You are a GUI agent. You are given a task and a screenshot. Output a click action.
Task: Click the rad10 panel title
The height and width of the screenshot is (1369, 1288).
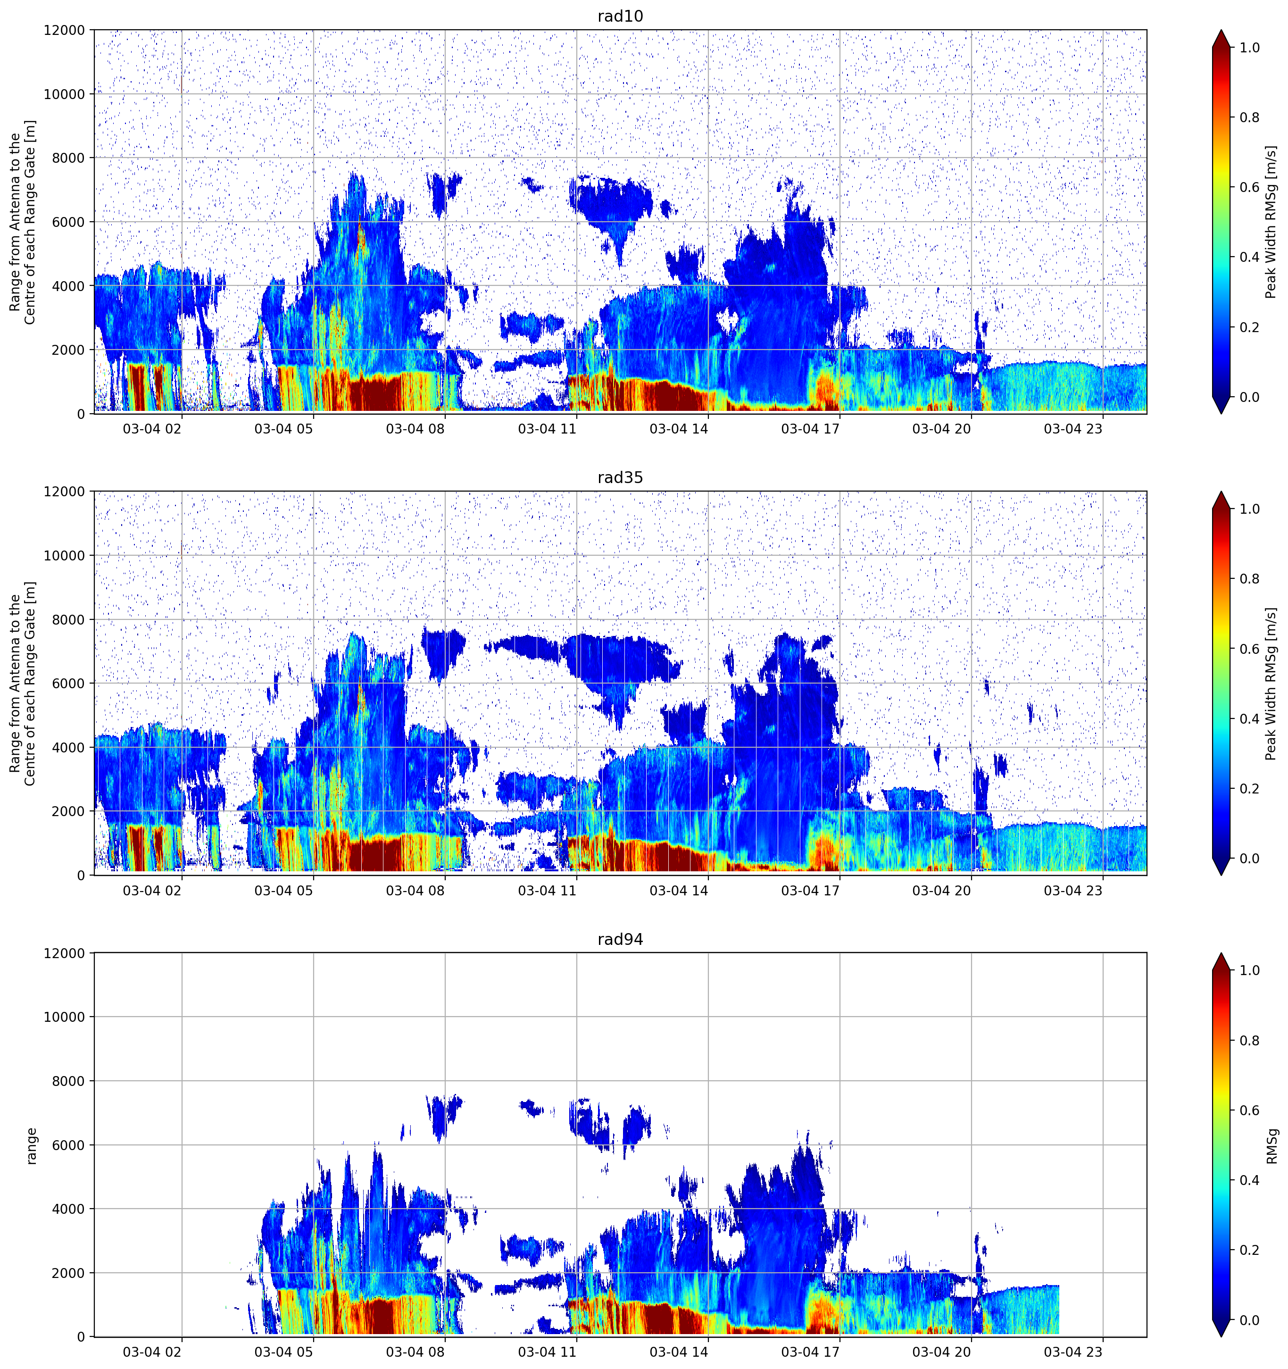pos(620,16)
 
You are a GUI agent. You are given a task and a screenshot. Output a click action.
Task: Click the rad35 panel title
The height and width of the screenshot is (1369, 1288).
pos(620,477)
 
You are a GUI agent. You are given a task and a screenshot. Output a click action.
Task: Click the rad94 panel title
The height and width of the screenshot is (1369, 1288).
pos(620,939)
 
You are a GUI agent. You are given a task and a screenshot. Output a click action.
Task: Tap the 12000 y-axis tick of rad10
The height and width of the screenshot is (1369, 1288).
pos(65,30)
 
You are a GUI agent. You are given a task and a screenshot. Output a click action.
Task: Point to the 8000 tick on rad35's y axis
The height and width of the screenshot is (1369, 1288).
pos(69,620)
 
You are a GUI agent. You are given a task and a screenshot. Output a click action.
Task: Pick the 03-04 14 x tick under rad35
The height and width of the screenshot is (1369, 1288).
pos(678,890)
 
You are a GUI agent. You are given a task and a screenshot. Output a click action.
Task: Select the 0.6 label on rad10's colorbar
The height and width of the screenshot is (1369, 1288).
pos(1249,187)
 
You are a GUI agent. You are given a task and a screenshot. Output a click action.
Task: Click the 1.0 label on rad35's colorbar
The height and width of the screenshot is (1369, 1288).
pos(1249,509)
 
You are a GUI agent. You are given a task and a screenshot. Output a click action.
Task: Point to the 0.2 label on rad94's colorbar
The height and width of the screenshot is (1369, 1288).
pos(1249,1250)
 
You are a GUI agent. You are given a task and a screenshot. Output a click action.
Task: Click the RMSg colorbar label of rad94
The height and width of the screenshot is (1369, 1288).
pos(1271,1145)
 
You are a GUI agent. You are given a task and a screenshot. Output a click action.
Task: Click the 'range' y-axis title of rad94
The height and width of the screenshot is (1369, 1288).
pos(31,1146)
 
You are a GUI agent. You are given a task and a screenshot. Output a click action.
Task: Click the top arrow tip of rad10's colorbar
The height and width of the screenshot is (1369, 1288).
pos(1221,30)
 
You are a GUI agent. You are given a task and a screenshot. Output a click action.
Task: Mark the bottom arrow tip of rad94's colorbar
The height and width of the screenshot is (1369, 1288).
pos(1221,1336)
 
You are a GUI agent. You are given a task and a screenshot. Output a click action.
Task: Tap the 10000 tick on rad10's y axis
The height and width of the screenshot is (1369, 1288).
pos(65,94)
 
